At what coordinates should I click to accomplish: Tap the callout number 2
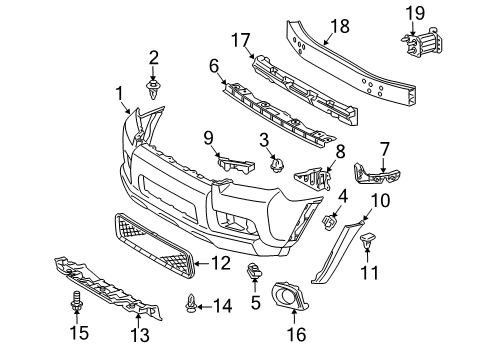154,56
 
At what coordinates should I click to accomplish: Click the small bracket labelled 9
228,163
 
